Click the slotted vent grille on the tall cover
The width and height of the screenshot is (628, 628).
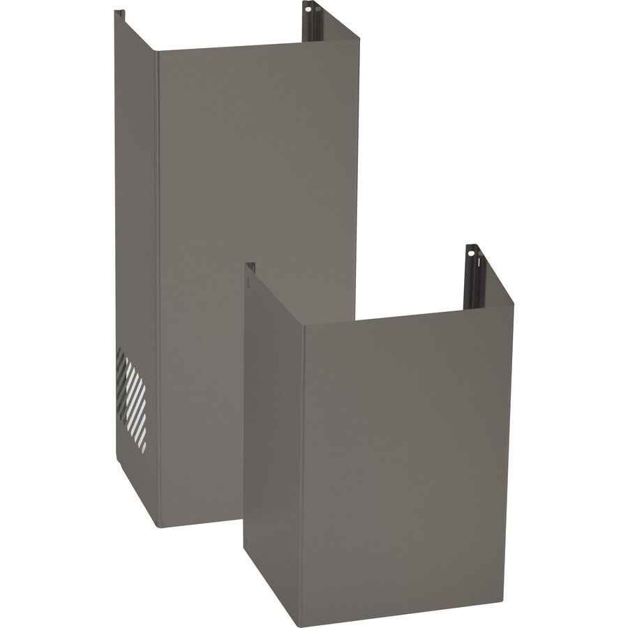(131, 398)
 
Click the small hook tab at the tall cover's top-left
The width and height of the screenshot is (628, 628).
(119, 13)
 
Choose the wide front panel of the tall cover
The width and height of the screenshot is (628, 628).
(258, 209)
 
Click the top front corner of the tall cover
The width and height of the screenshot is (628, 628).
(157, 52)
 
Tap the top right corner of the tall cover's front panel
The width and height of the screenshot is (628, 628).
(358, 42)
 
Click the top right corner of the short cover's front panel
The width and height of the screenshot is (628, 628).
(512, 304)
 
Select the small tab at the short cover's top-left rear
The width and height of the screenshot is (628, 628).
(251, 267)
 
